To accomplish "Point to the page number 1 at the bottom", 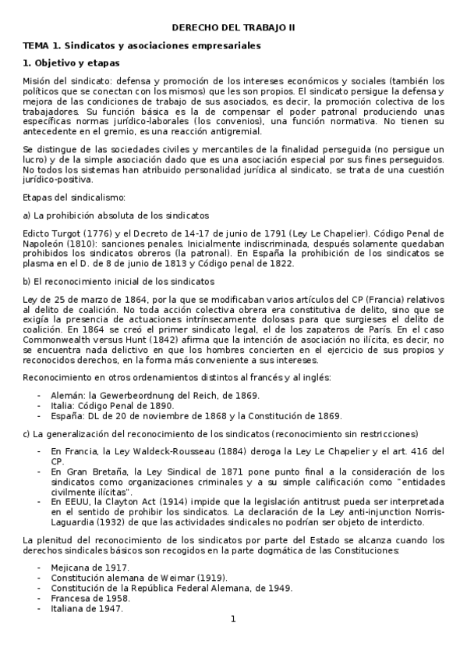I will [232, 619].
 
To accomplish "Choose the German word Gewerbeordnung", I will [136, 397].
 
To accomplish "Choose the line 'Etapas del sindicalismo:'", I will [69, 199].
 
